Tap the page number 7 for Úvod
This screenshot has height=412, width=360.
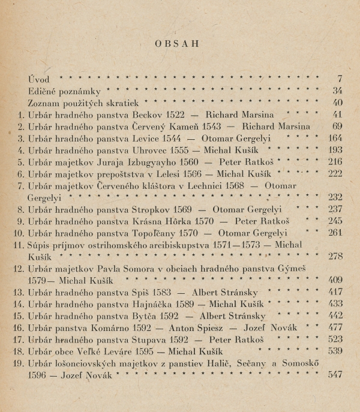(339, 79)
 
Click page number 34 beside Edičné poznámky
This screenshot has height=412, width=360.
(337, 91)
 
